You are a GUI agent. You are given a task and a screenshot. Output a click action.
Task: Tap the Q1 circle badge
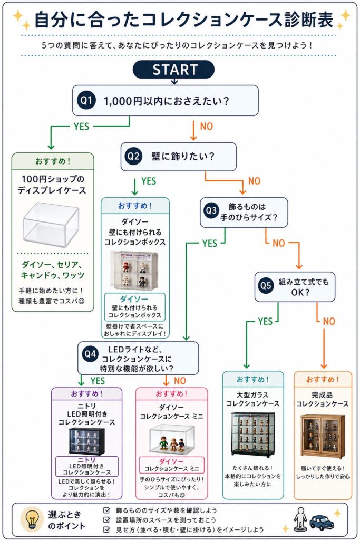(86, 101)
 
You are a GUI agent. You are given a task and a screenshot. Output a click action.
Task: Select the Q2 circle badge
(133, 156)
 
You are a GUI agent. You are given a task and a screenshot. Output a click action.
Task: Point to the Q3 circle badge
(211, 211)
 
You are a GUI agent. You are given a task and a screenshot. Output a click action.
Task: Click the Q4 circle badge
(90, 354)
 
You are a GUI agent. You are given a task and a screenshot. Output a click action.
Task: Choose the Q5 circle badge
(266, 286)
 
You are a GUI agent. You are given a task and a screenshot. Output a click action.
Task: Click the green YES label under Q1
(81, 127)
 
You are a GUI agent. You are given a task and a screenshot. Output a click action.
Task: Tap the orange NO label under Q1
(207, 127)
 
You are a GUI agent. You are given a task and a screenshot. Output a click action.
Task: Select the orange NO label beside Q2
(255, 181)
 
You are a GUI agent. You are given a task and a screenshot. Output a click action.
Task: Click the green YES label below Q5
(265, 321)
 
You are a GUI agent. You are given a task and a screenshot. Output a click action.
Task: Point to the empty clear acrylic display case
(51, 222)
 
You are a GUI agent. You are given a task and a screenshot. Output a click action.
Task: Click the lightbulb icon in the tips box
(32, 519)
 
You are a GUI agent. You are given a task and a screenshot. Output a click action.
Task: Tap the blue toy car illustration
(322, 523)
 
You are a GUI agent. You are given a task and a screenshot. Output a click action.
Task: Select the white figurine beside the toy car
(300, 519)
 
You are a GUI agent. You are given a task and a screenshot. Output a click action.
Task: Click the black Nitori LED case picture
(87, 441)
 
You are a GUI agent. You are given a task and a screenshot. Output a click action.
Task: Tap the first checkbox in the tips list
(107, 510)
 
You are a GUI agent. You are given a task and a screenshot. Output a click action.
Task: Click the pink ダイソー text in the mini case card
(171, 461)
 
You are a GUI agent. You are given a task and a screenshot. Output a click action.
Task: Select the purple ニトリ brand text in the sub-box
(86, 460)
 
